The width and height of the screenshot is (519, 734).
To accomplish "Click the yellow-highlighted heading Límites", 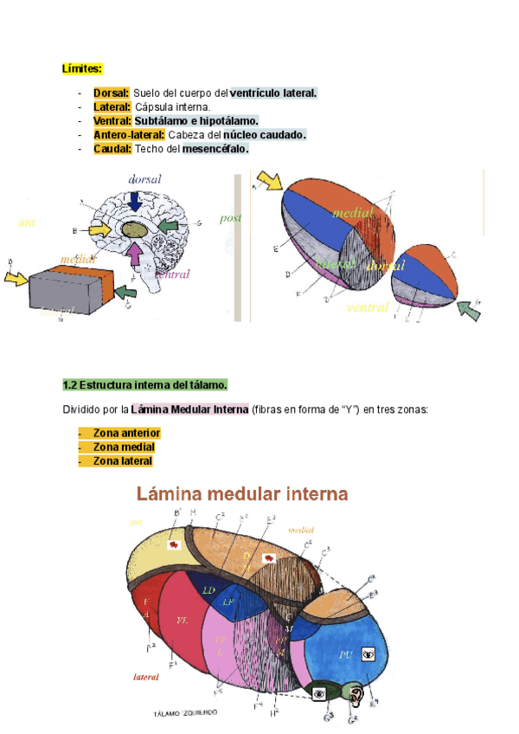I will [82, 68].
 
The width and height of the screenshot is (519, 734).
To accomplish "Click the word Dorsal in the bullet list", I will [112, 93].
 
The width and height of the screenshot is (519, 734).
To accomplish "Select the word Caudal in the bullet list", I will [112, 149].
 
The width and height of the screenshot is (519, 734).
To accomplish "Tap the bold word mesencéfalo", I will [215, 149].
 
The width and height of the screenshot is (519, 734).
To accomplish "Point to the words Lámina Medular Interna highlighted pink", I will [189, 409].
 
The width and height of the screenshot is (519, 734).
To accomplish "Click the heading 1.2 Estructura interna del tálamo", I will [144, 384].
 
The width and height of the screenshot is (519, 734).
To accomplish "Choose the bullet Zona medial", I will [124, 447].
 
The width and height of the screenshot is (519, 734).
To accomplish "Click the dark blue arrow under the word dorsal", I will [135, 201].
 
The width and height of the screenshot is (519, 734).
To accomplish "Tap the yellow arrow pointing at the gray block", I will [16, 278].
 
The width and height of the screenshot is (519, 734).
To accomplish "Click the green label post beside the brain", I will [231, 218].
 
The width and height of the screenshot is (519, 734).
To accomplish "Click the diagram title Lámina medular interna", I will [242, 494].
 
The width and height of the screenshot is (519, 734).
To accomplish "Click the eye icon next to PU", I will [368, 655].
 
